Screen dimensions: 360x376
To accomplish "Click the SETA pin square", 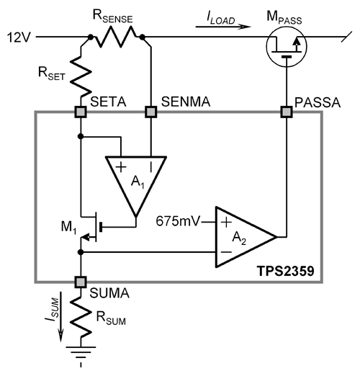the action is [x=81, y=112].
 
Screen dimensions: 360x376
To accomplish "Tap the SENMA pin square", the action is [x=151, y=112].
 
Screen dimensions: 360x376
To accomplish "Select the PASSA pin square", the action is [x=287, y=112].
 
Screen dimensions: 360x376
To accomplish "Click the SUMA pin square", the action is [x=81, y=282].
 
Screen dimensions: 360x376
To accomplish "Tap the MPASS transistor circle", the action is [x=287, y=46].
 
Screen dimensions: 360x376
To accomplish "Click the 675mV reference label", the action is [x=178, y=221].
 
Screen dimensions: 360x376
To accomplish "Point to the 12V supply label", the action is [x=19, y=37].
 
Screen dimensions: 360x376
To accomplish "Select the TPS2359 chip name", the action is [x=286, y=272].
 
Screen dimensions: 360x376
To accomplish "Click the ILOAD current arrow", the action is [x=223, y=27].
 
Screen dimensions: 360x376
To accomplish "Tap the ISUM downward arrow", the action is [x=61, y=316].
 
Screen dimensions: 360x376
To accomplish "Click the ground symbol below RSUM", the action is [x=81, y=355].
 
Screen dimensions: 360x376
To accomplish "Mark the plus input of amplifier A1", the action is [x=121, y=167].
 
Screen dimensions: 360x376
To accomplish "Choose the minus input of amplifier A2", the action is [x=226, y=252].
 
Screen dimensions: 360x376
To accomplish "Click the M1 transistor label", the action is [x=69, y=227].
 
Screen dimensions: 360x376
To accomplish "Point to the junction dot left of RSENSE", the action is [x=91, y=37].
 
